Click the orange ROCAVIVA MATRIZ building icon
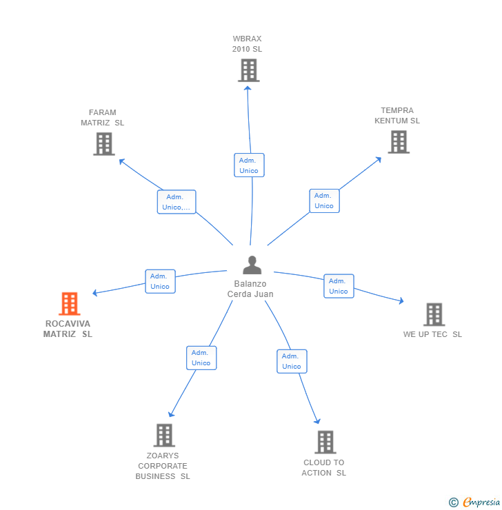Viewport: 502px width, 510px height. (69, 303)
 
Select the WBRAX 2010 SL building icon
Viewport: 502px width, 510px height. (248, 70)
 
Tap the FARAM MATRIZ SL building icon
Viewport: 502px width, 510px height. (104, 144)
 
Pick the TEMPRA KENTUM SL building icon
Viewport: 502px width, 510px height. (399, 142)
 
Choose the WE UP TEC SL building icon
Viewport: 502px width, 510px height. (434, 314)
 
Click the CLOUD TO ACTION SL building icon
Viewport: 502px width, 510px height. (325, 442)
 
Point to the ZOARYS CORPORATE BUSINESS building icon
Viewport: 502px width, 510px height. (164, 435)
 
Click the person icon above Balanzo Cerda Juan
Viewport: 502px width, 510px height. (252, 265)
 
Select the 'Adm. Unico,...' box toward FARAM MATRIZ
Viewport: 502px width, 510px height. (177, 202)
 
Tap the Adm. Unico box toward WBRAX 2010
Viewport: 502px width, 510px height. (249, 165)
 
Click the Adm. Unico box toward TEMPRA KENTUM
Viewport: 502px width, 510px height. (324, 201)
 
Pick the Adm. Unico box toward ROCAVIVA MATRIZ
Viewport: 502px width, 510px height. (160, 281)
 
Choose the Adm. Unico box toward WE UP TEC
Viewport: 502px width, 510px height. (339, 286)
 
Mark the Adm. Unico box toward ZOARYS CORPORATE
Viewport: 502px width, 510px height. (201, 358)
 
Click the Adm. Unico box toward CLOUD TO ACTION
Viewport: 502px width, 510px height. (292, 361)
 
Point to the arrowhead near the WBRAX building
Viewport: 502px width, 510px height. (248, 88)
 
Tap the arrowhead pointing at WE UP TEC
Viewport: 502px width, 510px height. (401, 301)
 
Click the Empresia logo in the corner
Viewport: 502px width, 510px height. (475, 502)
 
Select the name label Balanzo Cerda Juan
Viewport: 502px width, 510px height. (250, 289)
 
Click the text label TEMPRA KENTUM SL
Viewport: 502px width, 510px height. (397, 116)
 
